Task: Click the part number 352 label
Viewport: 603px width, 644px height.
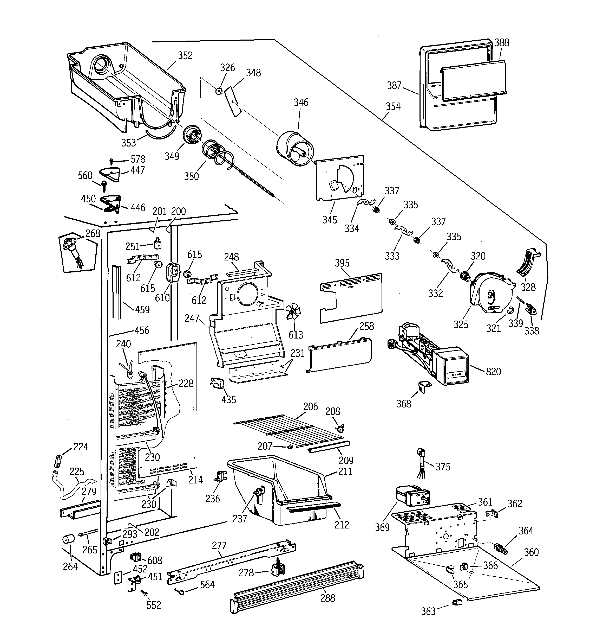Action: point(185,56)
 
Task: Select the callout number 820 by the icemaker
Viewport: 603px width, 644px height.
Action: point(493,372)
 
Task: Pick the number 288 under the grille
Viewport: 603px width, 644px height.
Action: point(327,598)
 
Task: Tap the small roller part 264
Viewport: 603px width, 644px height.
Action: point(68,540)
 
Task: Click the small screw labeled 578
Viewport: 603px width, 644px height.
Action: point(112,160)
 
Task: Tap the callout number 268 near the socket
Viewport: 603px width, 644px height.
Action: point(93,233)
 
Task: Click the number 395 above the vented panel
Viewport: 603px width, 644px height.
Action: point(342,263)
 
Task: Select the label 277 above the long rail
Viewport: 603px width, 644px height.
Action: point(219,546)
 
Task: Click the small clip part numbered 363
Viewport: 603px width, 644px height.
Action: point(456,602)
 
